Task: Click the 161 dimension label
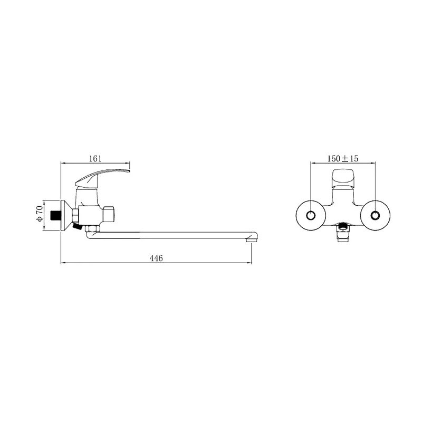(95, 159)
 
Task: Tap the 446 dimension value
(156, 258)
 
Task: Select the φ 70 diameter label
(39, 214)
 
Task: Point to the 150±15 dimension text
(342, 159)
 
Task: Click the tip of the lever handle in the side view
(129, 170)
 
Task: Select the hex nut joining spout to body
(92, 229)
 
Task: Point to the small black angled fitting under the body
(77, 226)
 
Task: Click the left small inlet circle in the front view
(311, 216)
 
